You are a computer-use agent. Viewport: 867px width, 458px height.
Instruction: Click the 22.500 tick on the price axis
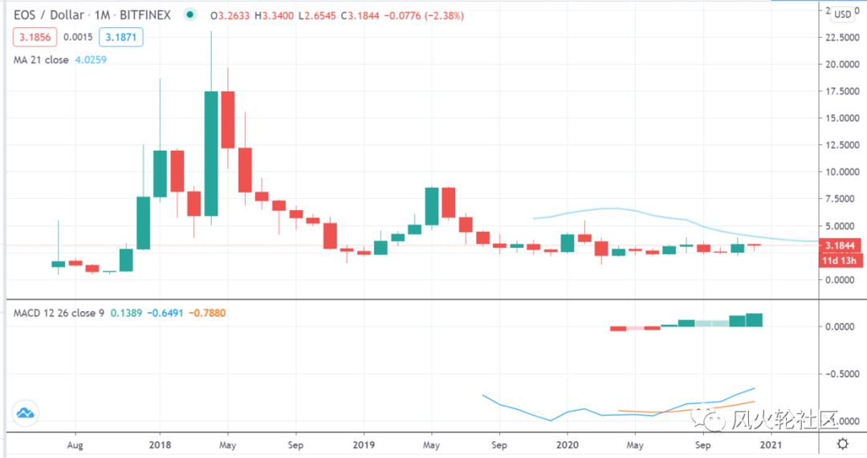(843, 38)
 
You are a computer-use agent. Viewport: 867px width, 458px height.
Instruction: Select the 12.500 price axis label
(843, 145)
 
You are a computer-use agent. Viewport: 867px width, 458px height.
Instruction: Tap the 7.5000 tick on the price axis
(843, 199)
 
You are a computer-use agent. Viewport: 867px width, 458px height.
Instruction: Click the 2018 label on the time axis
(160, 443)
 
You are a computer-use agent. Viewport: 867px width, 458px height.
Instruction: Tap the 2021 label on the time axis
(771, 443)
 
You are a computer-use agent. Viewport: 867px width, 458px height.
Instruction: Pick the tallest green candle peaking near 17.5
(211, 153)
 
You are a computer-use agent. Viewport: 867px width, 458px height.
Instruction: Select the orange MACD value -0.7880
(207, 313)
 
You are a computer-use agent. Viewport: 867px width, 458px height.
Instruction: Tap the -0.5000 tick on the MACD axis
(843, 374)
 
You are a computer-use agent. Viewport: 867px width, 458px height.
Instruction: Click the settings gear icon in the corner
(843, 443)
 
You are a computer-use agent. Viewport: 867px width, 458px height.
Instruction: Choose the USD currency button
(843, 14)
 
